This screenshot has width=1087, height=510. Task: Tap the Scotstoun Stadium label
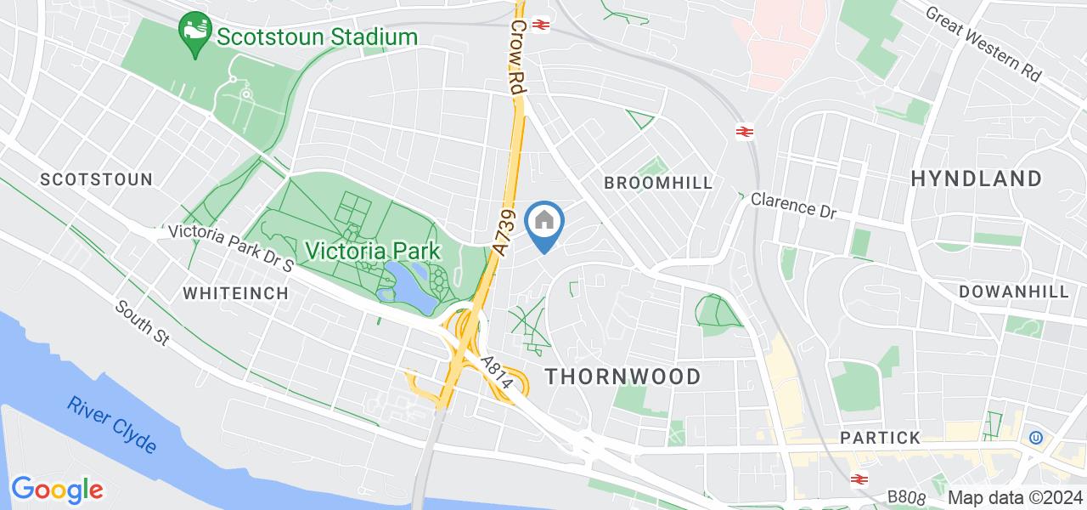tap(316, 37)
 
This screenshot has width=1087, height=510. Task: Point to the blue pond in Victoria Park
tap(405, 283)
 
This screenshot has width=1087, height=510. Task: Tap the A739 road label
tap(503, 232)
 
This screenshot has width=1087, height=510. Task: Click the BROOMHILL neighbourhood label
tap(658, 183)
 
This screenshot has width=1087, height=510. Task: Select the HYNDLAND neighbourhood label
tap(977, 178)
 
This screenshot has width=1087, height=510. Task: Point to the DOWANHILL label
tap(1014, 292)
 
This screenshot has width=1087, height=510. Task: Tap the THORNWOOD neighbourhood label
tap(623, 377)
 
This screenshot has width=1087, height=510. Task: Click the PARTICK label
tap(880, 438)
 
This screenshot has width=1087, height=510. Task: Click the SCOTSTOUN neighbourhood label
tap(97, 179)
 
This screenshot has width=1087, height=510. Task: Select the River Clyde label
tap(112, 424)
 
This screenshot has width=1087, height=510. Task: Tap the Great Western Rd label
tap(983, 44)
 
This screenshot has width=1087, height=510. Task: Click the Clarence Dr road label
tap(793, 207)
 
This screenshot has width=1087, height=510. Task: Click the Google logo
tap(57, 490)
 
